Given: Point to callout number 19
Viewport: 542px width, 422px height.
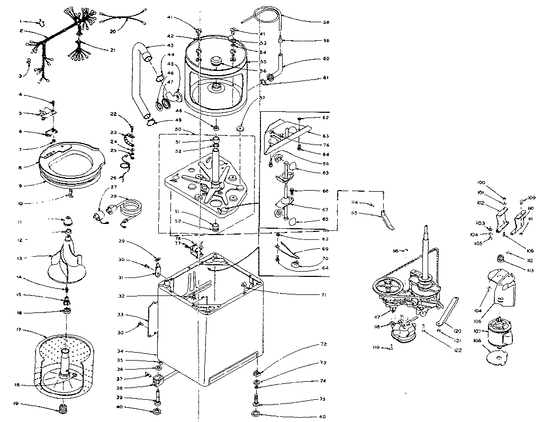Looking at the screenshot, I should tap(16, 404).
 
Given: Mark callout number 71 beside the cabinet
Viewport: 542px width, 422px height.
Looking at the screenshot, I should tap(323, 294).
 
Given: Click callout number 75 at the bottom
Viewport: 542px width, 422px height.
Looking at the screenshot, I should tap(323, 399).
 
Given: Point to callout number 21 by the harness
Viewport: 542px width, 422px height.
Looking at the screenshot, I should tap(112, 50).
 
